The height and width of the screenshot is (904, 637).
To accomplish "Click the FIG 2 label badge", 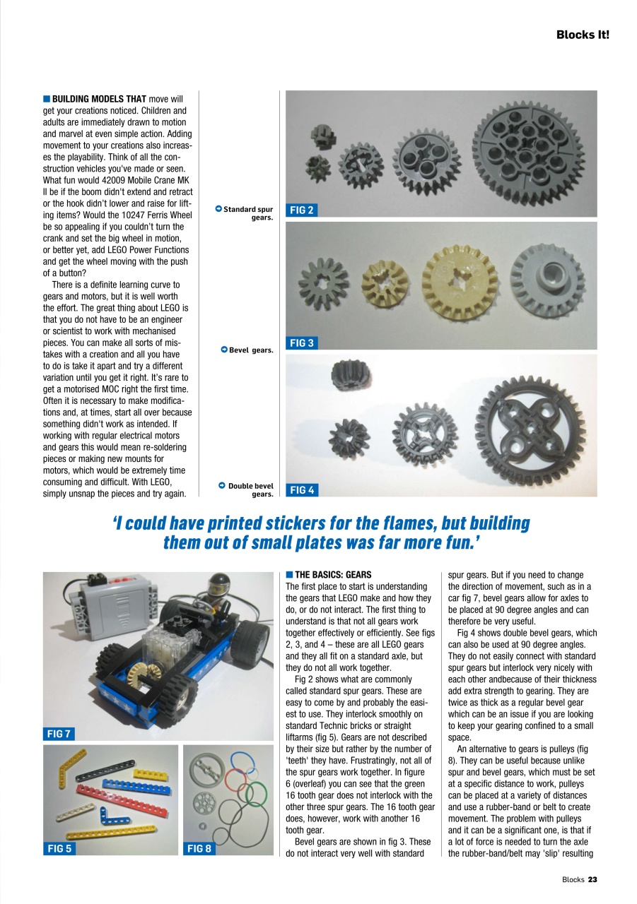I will pos(301,210).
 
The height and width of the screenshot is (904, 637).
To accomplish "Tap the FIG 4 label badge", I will pos(301,489).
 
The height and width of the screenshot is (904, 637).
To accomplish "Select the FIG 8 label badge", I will pos(199,849).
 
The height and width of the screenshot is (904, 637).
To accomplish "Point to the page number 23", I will pos(592,879).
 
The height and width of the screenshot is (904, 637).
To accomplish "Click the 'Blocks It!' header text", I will pos(582,34).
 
